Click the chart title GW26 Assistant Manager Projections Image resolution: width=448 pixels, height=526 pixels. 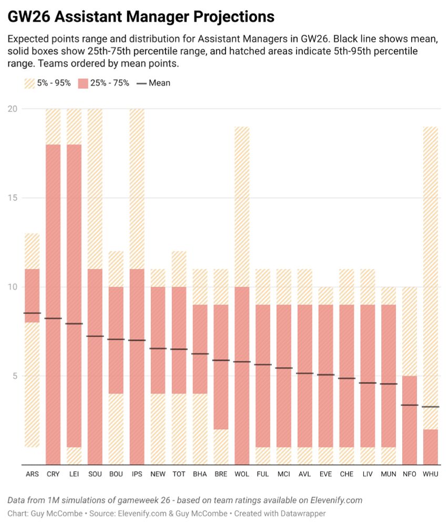coord(141,17)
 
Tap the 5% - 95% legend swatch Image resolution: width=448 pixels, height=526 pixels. coord(30,83)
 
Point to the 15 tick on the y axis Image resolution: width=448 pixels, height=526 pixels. coord(12,198)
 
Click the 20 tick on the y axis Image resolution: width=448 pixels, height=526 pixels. coord(12,109)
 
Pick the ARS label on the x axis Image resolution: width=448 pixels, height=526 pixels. coord(32,474)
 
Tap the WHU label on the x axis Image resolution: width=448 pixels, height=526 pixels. coord(431,474)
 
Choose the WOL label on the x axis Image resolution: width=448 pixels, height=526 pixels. coord(241,474)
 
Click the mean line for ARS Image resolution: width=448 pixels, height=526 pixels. coord(32,313)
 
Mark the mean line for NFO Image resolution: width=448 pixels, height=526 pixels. coord(410,405)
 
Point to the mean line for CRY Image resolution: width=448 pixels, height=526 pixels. coord(53,318)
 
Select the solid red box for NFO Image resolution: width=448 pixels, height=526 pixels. coord(410,421)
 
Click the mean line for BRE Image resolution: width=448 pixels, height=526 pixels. coord(221,360)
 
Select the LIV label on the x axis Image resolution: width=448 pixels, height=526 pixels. coord(368,474)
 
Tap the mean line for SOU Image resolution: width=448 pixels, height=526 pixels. coord(95,336)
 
